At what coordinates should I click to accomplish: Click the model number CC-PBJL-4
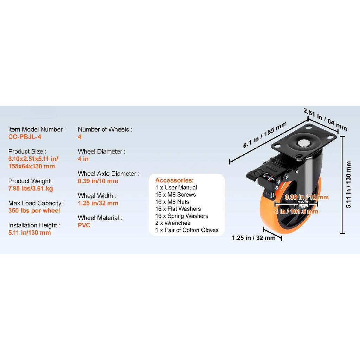click(25, 137)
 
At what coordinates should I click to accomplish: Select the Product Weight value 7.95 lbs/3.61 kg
click(31, 188)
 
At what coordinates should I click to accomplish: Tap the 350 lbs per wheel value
click(34, 211)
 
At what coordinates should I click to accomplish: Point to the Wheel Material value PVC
click(84, 225)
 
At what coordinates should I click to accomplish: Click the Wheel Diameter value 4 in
click(83, 159)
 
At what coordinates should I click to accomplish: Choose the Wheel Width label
click(97, 196)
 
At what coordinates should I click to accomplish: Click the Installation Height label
click(34, 225)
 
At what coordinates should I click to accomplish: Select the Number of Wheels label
click(105, 129)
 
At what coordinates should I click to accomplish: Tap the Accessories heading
click(174, 180)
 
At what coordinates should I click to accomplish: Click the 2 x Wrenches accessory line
click(173, 223)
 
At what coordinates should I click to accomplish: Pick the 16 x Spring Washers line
click(182, 216)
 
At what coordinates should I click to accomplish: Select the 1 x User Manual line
click(176, 188)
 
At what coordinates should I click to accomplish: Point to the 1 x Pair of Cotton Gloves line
click(187, 230)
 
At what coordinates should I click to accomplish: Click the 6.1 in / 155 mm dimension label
click(265, 135)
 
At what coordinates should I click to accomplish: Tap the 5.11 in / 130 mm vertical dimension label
click(348, 185)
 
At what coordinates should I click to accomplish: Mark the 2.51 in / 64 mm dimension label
click(325, 119)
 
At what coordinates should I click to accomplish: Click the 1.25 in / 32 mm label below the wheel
click(253, 238)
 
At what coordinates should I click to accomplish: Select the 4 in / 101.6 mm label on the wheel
click(296, 211)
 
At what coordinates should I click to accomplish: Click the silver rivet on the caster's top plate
click(303, 143)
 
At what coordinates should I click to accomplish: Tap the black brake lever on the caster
click(257, 174)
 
